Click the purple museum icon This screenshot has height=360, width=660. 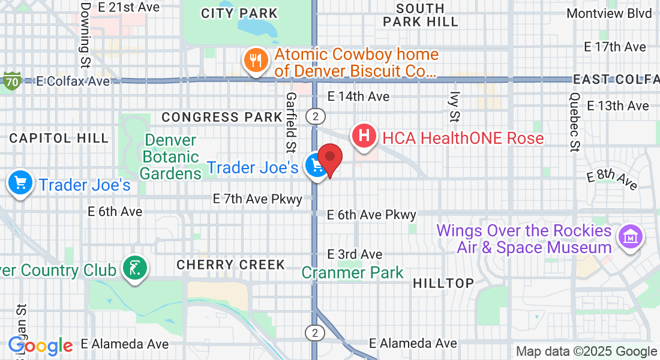[x=630, y=238]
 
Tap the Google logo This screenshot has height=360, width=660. [x=40, y=346]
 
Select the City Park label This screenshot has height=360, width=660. [x=239, y=13]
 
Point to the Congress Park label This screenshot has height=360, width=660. [x=221, y=117]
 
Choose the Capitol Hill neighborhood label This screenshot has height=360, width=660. [x=59, y=138]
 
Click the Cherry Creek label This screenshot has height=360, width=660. [x=230, y=265]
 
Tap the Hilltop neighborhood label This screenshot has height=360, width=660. [x=443, y=283]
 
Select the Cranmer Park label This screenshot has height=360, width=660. [x=353, y=273]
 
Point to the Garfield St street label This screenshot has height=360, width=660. [x=292, y=121]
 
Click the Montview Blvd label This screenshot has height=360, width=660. [x=609, y=13]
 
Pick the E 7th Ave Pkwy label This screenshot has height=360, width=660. [x=257, y=199]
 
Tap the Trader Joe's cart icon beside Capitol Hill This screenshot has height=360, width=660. [x=20, y=184]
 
